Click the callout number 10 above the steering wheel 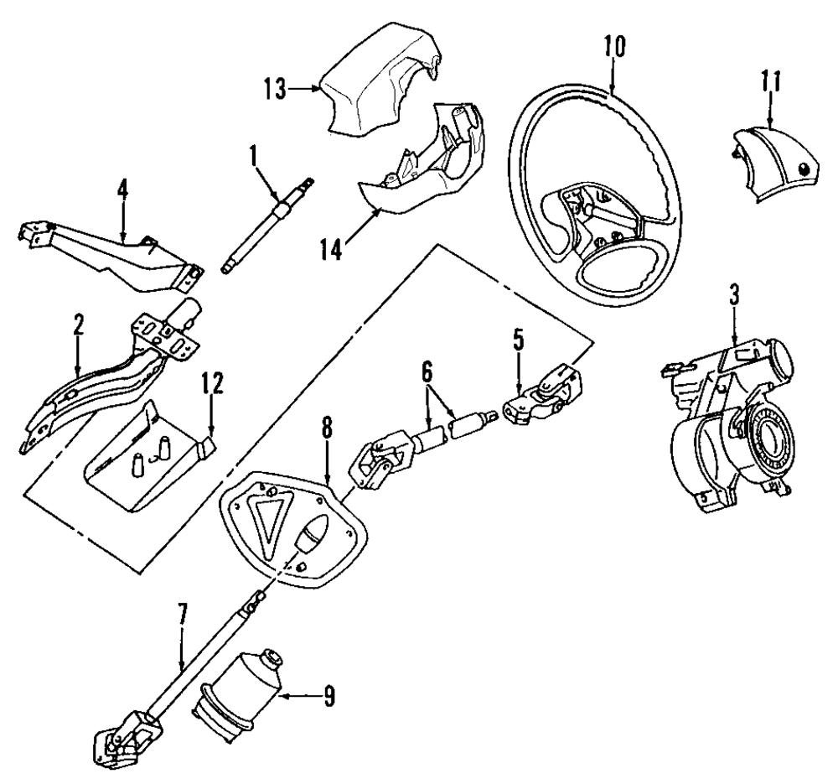(x=614, y=47)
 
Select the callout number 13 (x=275, y=88)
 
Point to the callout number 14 (x=331, y=249)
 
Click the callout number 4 (x=123, y=191)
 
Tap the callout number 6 (x=427, y=372)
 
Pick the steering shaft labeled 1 (x=268, y=226)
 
